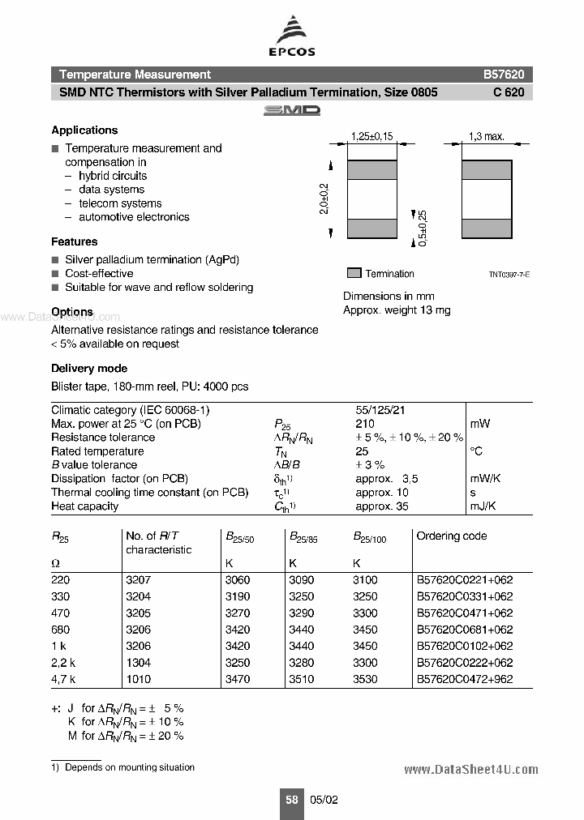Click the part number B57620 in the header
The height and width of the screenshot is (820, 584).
pos(504,74)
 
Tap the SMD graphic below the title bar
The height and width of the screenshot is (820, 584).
pos(292,109)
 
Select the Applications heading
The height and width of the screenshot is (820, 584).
pos(84,130)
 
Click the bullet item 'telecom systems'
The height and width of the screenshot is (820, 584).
pos(120,203)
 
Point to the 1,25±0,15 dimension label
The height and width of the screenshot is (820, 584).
pos(371,137)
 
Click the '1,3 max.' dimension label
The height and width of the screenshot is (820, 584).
pos(487,137)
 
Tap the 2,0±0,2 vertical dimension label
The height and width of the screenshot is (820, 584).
pos(324,199)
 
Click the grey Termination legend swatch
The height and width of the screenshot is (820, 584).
pos(353,273)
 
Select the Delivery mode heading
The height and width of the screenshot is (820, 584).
pos(89,368)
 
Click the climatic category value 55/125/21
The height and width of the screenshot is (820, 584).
pos(380,410)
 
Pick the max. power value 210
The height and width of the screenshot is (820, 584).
pos(364,424)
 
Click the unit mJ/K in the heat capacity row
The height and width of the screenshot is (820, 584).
pos(483,506)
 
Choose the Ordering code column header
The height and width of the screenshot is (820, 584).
pos(451,536)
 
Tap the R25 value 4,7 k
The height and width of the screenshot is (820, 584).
pos(62,679)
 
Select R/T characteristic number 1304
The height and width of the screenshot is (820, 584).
pos(138,663)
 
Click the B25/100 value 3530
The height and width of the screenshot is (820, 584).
pos(365,679)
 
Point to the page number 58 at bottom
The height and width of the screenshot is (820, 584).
pos(291,799)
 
